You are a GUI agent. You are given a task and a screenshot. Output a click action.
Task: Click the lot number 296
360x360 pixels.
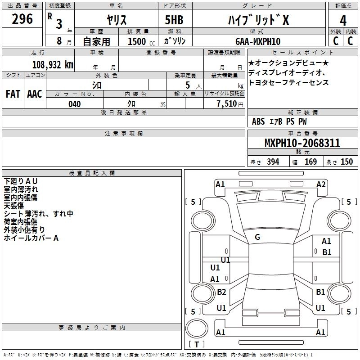[x=22, y=19]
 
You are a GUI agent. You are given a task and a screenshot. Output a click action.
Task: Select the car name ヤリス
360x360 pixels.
[x=116, y=20]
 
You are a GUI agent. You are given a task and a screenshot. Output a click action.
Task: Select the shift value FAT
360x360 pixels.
[x=13, y=94]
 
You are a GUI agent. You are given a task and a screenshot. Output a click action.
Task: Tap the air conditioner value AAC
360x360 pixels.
[x=35, y=94]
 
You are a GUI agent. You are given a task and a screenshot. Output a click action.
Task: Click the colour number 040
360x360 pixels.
[x=75, y=104]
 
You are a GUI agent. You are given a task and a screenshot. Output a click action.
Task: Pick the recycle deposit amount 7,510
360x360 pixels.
[x=227, y=104]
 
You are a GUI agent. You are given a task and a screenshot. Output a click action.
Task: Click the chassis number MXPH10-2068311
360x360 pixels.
[x=302, y=144]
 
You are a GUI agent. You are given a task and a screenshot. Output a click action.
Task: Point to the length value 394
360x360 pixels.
[x=273, y=162]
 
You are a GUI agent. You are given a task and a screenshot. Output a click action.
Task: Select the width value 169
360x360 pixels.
[x=311, y=162]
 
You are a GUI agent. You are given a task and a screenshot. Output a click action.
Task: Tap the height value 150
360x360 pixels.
[x=346, y=162]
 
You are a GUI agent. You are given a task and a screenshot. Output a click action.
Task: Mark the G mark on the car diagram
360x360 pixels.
[x=257, y=237]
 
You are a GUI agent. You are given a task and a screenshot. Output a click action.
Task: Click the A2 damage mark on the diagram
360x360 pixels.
[x=321, y=184]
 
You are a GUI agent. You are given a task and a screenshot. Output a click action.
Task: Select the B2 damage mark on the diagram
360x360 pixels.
[x=221, y=292]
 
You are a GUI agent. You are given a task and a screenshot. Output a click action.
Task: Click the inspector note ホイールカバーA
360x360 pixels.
[x=31, y=238]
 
